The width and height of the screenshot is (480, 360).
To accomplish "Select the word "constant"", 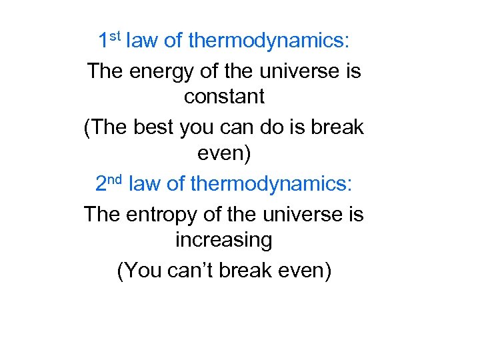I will point(224,96).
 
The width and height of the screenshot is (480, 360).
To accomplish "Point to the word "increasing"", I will point(224,239).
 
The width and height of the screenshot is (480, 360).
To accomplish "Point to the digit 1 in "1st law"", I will point(103,41).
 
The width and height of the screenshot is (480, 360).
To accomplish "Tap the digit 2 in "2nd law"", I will point(101,183).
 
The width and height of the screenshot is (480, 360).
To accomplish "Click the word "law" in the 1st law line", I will point(142,41).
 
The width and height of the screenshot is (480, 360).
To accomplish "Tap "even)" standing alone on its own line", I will point(224,155).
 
